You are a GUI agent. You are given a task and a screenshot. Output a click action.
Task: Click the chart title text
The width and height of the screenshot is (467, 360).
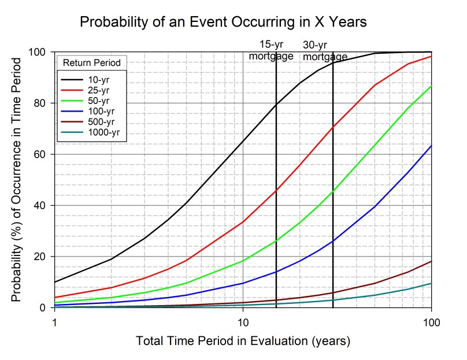coord(223,22)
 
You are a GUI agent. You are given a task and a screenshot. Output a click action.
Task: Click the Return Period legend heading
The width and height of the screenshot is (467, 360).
coord(91,62)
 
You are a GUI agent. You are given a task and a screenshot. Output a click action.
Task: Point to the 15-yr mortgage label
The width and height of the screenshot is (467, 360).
coord(270,50)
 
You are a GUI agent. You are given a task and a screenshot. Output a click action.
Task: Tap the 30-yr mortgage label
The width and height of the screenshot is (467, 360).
coord(325,51)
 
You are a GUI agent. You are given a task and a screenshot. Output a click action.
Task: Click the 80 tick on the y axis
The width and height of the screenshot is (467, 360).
coord(42,103)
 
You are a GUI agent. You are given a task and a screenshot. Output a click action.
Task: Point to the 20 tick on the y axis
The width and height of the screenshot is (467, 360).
coord(42,257)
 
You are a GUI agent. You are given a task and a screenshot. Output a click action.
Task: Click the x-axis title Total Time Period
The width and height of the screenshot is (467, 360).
coord(243,341)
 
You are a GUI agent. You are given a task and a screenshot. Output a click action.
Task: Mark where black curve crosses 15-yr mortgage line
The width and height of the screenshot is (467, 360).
coord(276,104)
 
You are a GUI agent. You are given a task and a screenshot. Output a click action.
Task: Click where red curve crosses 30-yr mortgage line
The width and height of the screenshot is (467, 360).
coord(333,127)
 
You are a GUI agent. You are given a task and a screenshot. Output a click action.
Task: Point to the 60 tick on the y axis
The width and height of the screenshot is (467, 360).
coord(42,154)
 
